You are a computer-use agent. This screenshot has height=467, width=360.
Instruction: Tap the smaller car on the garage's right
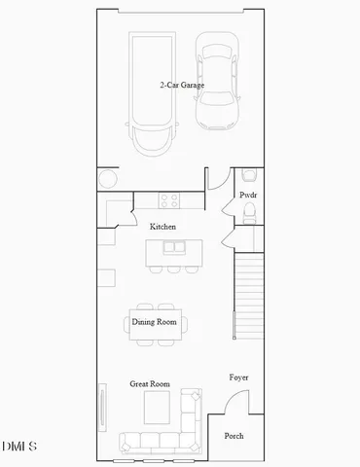(217, 83)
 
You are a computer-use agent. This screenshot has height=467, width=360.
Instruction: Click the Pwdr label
(248, 195)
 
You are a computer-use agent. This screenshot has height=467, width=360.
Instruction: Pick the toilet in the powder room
(248, 176)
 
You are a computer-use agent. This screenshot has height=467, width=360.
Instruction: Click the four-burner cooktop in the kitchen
(169, 201)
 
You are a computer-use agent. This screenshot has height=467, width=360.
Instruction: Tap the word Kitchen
(162, 227)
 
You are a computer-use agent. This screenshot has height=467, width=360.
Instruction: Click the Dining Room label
(156, 321)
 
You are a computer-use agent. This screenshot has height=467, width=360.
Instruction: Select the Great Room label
(150, 384)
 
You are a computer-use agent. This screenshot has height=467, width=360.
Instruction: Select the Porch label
(234, 436)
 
